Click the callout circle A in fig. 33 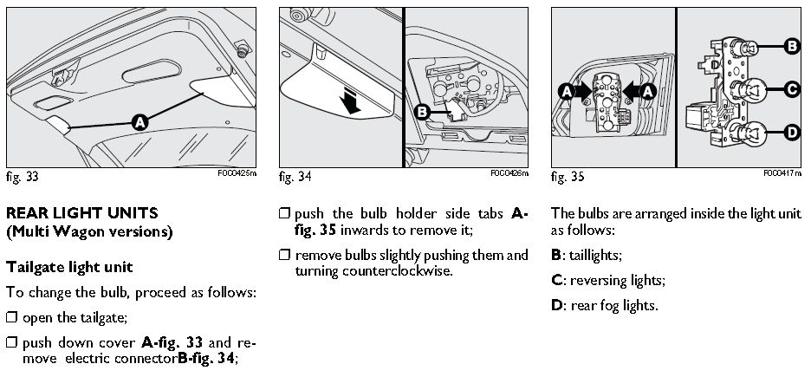[x=139, y=124]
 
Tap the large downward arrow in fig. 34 [x=349, y=101]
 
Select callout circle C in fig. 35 [x=791, y=88]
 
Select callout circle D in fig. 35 [x=791, y=133]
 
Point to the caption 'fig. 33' [x=22, y=177]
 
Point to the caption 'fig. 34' [x=295, y=177]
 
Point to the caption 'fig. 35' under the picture [x=568, y=177]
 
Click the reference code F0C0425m [x=237, y=172]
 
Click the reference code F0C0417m [x=783, y=172]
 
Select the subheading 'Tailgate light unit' [x=68, y=266]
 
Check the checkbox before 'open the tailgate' [x=11, y=318]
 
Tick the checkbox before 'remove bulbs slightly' [x=284, y=256]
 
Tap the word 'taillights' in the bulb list [x=595, y=256]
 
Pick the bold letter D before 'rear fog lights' [x=556, y=305]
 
